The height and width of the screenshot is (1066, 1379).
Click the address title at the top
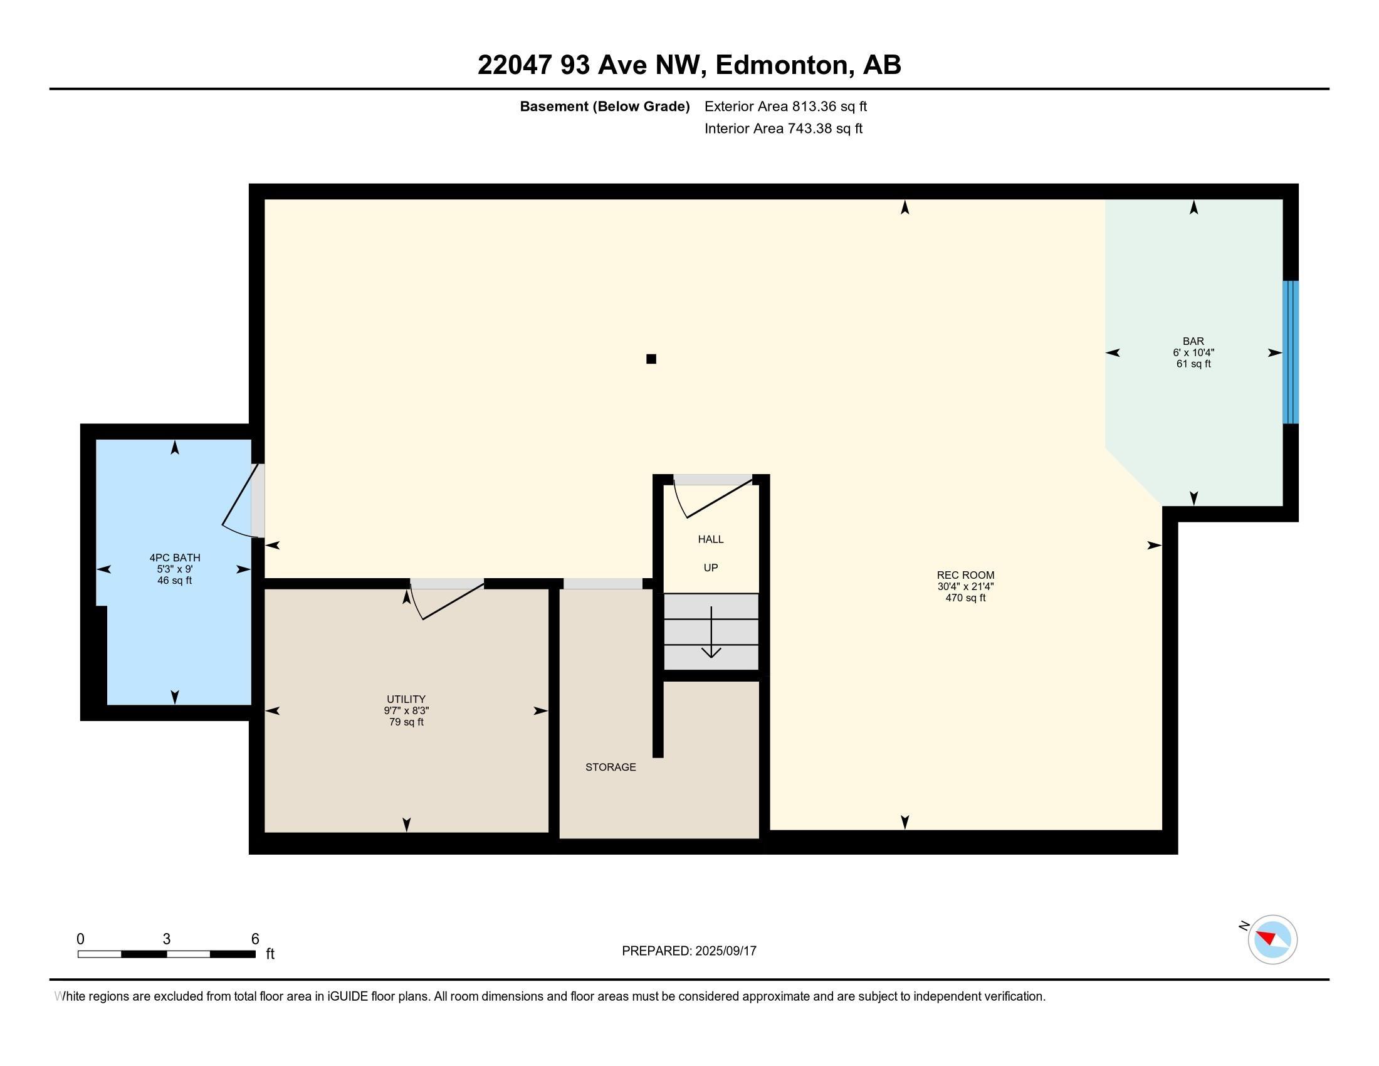click(x=689, y=65)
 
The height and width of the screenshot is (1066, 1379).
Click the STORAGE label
click(x=611, y=768)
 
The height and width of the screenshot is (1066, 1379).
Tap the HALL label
click(x=711, y=539)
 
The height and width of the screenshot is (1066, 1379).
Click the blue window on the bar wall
click(x=1291, y=352)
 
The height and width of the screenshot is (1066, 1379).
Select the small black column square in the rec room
click(x=652, y=359)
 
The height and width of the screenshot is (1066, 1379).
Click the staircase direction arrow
click(x=711, y=631)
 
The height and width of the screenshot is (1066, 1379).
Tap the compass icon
click(x=1272, y=939)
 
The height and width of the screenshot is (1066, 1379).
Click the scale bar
click(x=167, y=954)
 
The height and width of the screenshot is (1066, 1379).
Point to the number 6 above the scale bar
click(x=255, y=939)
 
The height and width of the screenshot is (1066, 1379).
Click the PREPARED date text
click(x=689, y=951)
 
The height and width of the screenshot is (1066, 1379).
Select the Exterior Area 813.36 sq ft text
click(x=785, y=107)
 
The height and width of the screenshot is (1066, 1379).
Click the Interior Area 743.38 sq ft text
click(x=784, y=129)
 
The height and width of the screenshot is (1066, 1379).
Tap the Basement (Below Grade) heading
click(x=604, y=107)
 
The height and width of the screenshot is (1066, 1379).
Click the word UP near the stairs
click(x=711, y=567)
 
